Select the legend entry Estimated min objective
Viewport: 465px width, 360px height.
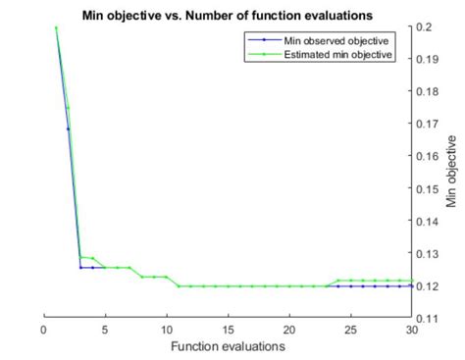tap(339, 55)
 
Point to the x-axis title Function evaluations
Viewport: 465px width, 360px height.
tap(228, 346)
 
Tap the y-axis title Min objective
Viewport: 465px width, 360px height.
tap(451, 172)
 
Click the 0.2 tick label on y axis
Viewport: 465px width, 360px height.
tap(424, 26)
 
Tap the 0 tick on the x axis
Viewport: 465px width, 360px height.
tap(44, 330)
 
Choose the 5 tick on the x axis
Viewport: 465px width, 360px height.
tap(105, 330)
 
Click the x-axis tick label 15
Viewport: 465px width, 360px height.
tap(228, 330)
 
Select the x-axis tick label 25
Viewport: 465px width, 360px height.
tap(350, 330)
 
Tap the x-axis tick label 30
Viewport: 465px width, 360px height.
tap(411, 330)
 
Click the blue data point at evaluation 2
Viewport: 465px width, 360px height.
tap(69, 129)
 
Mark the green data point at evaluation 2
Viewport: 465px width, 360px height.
tap(69, 107)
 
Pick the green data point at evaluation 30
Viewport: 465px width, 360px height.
tap(411, 281)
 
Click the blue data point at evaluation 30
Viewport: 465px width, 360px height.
tap(411, 285)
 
